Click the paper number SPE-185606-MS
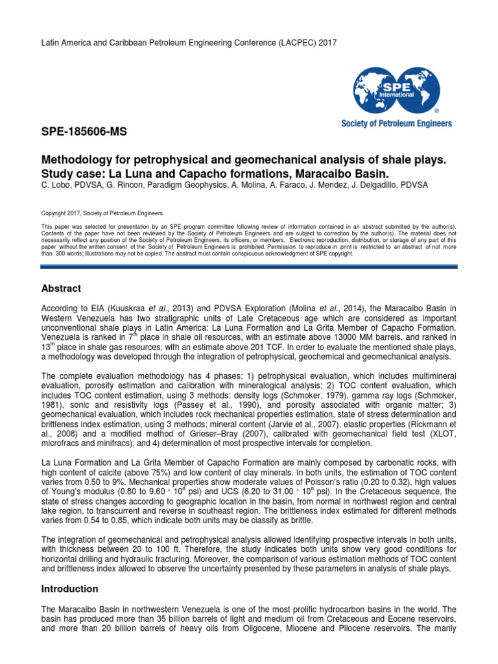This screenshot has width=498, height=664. (84, 132)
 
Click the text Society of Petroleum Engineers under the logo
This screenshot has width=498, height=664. (396, 123)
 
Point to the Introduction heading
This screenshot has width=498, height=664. (69, 589)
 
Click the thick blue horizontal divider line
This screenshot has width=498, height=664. (250, 266)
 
